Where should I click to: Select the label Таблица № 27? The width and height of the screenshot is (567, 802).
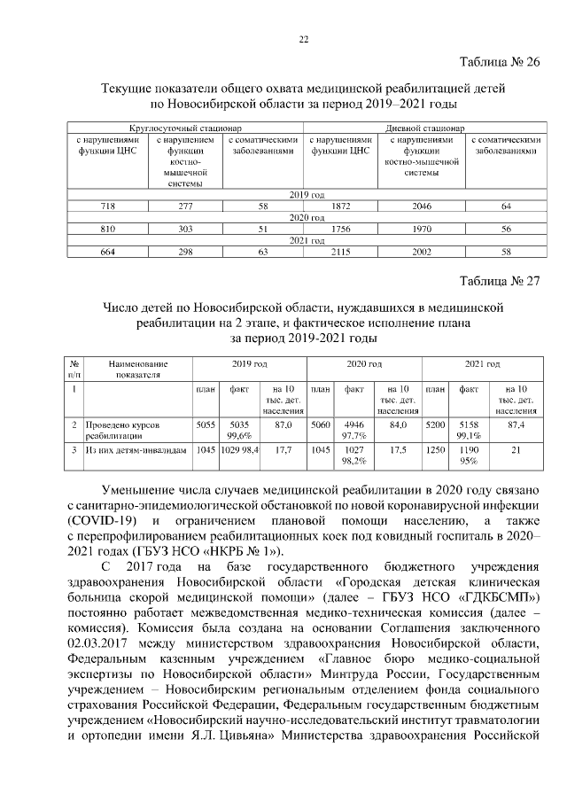(x=499, y=283)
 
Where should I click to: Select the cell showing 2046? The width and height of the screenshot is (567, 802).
(x=422, y=206)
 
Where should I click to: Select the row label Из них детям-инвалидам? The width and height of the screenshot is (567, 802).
(x=136, y=450)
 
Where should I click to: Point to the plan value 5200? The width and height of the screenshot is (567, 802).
(x=434, y=425)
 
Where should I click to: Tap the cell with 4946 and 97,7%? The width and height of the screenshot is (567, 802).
(x=354, y=431)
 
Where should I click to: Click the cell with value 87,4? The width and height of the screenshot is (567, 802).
(x=516, y=425)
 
